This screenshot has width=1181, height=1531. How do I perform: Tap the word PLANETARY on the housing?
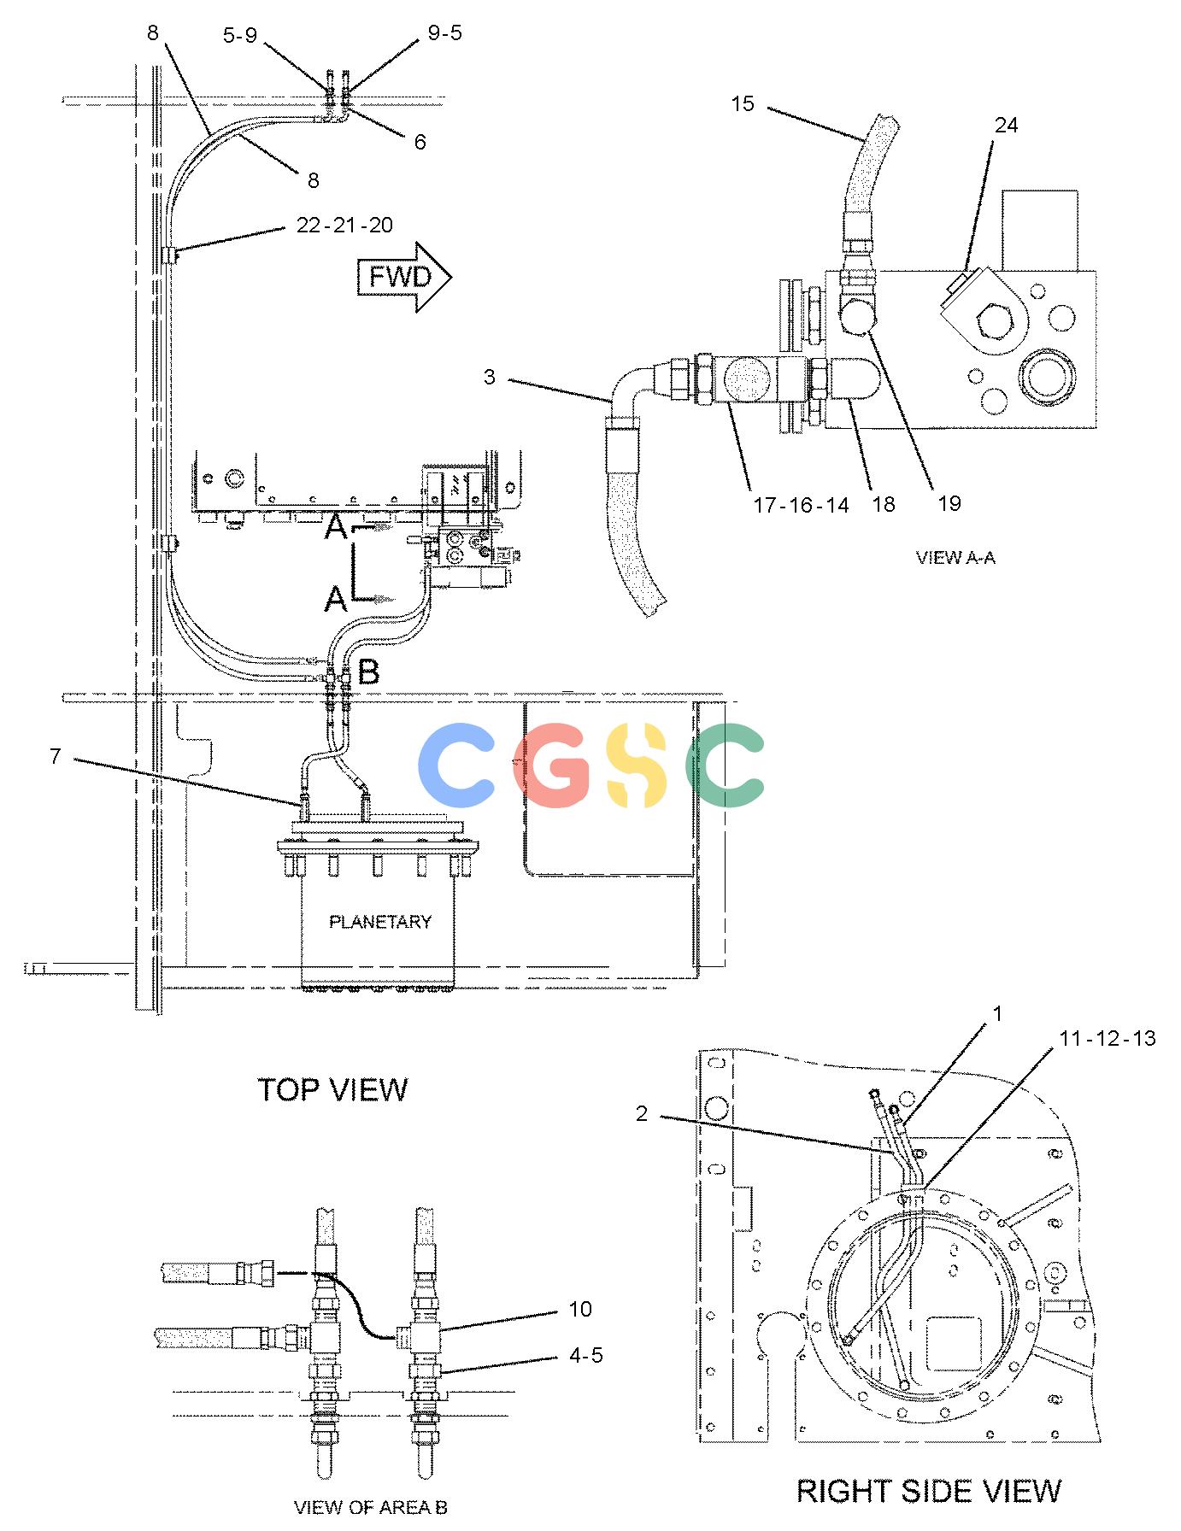point(380,922)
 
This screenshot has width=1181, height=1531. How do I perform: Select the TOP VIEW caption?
point(332,1089)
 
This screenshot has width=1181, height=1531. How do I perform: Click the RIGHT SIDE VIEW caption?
point(929,1491)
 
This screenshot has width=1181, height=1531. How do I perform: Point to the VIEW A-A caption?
point(955,558)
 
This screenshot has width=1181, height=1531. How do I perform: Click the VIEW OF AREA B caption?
point(371,1507)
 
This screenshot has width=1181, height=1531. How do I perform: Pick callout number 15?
point(743,103)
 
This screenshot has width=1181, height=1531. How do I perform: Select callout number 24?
point(1007,125)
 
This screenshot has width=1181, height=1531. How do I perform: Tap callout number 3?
point(489,377)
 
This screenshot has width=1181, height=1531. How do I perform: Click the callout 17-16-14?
point(801,505)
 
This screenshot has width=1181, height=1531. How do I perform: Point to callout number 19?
point(949,503)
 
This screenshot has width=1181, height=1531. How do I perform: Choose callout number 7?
point(55,756)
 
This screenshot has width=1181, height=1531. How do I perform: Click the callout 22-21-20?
point(344,225)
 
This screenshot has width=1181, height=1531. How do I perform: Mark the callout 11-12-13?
point(1108,1038)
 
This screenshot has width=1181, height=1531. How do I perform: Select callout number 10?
point(580,1309)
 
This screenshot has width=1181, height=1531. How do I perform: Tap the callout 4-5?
point(585,1355)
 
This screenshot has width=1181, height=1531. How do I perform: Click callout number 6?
point(420,142)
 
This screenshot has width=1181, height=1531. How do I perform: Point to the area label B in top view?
point(368,673)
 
